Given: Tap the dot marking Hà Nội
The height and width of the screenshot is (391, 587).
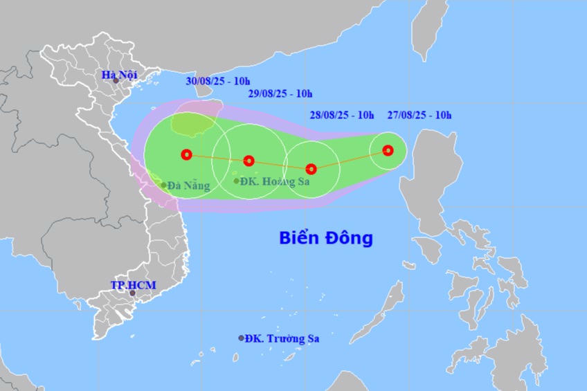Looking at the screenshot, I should tap(116, 81).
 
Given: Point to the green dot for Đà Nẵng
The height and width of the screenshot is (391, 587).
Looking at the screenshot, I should tap(164, 185).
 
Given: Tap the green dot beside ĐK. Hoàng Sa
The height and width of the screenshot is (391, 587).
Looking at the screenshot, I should tap(236, 181).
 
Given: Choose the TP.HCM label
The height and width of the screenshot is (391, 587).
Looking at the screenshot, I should tap(134, 285).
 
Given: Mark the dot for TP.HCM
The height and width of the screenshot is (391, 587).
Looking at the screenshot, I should tap(132, 293).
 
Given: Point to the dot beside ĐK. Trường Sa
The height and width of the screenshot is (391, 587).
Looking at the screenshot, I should tap(242, 338).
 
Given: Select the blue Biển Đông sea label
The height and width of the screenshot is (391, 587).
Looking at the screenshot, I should tap(326, 238).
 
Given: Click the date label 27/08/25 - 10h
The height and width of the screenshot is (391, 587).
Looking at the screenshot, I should tap(419, 115).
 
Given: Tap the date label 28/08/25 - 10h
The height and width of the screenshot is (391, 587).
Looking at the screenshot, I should tap(342, 115).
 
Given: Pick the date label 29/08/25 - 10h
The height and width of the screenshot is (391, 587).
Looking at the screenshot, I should tap(280, 94).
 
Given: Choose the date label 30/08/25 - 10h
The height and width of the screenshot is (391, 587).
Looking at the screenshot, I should tap(218, 81).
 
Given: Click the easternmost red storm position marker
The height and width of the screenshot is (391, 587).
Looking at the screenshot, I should tap(388, 150).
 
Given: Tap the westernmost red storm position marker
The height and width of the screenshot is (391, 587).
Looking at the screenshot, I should tap(186, 154).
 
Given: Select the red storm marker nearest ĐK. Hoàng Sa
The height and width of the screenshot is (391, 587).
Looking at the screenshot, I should tap(249, 161).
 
